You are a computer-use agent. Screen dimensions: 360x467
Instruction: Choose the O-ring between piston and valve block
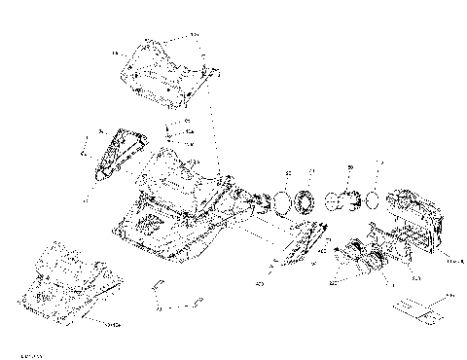pos(373,202)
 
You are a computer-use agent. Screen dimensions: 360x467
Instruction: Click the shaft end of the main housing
pos(259,202)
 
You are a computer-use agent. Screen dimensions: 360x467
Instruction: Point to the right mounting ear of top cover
pos(205,73)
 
